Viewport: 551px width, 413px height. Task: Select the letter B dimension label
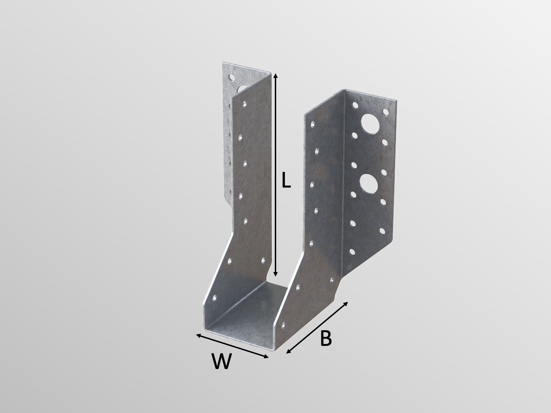coord(325,339)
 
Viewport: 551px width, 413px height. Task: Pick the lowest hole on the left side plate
coord(215,296)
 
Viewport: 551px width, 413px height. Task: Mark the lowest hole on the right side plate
coord(283,324)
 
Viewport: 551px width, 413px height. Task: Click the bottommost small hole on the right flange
coord(352,252)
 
